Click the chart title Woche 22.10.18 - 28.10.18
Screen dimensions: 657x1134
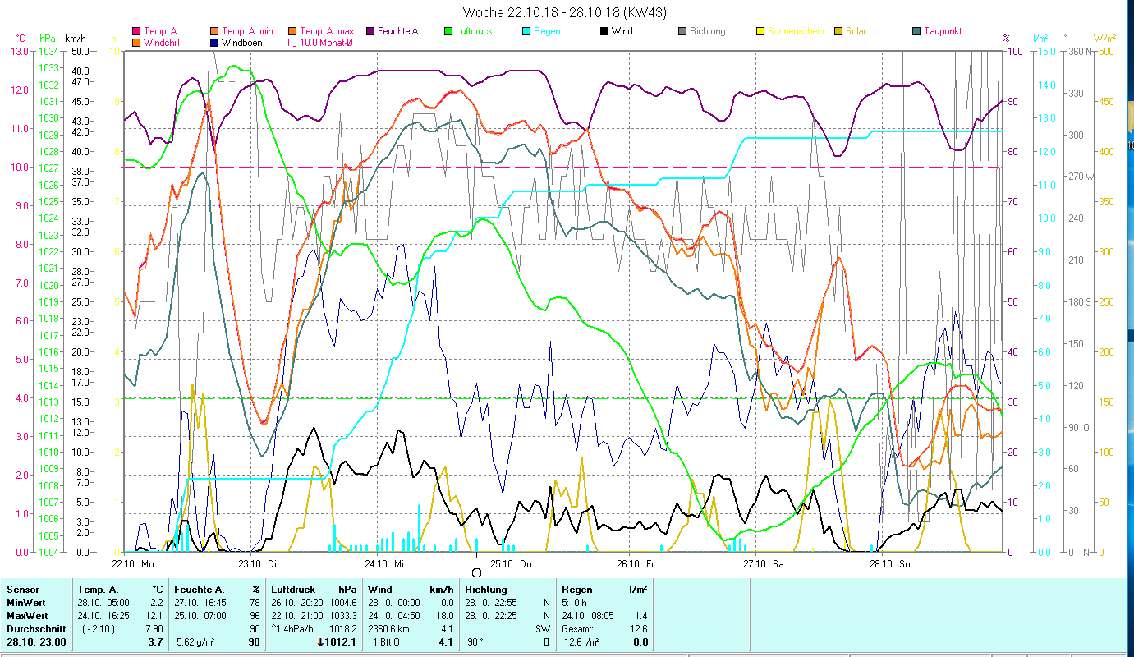coord(565,12)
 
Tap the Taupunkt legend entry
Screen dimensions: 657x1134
coord(942,31)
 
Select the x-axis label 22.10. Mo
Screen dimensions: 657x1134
coord(134,564)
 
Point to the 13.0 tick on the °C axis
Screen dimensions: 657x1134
coord(19,51)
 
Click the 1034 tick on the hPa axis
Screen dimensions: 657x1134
coord(48,51)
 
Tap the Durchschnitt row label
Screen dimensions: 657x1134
coord(32,628)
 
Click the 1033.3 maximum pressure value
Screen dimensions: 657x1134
coord(343,615)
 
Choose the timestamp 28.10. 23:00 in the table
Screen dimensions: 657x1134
coord(37,641)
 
